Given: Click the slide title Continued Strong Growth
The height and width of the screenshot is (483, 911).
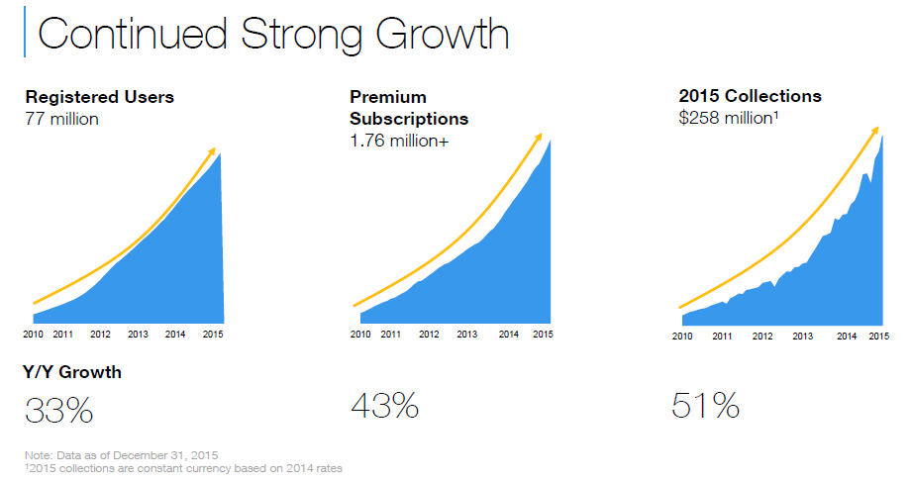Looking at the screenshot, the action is (273, 35).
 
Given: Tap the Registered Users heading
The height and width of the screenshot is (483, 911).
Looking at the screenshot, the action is (99, 97).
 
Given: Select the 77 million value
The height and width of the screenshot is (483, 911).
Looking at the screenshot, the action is (61, 119).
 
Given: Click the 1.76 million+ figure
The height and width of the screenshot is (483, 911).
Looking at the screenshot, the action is (399, 142).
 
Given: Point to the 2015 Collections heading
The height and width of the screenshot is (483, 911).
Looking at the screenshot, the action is (750, 96).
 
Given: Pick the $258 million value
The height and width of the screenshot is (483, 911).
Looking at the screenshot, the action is (729, 118).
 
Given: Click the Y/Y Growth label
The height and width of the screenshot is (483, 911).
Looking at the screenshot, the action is (72, 372).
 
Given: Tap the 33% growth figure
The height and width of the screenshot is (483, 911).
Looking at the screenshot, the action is (58, 411).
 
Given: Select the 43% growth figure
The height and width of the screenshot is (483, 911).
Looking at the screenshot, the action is (384, 405).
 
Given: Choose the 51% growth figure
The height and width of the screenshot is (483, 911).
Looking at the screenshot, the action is (705, 405).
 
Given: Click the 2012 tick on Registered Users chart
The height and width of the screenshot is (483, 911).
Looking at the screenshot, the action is (101, 335).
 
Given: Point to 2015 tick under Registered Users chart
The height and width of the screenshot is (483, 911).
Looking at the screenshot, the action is (213, 335).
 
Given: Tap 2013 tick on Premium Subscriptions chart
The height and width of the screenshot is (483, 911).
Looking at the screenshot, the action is (467, 335).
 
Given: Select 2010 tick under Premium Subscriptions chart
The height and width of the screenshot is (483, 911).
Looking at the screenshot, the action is (360, 335).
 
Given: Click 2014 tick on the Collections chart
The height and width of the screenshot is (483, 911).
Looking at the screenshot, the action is (847, 337).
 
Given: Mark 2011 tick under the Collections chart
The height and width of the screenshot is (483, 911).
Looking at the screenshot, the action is (722, 337).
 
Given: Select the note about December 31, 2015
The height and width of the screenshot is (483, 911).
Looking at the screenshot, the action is (122, 455).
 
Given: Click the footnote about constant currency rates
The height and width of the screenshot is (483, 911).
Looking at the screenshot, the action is (183, 468).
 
